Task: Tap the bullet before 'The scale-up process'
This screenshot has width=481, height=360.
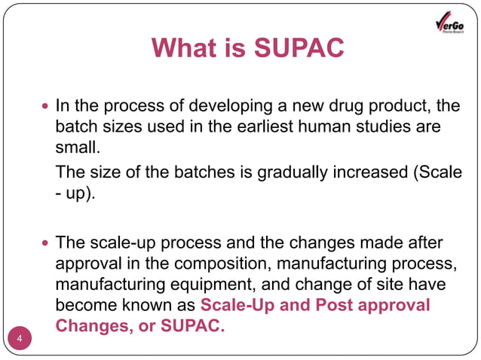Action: pyautogui.click(x=45, y=244)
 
